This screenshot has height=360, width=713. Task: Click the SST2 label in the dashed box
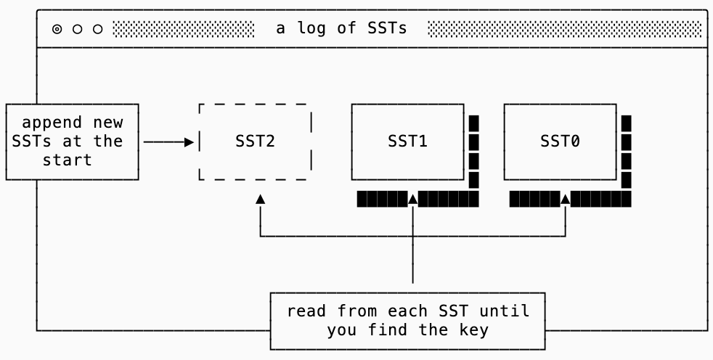(255, 142)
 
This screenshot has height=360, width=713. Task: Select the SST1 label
(407, 142)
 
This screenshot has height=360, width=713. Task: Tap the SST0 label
(560, 142)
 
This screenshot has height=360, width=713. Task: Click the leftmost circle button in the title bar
(57, 30)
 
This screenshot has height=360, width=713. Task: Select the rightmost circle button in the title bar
(98, 30)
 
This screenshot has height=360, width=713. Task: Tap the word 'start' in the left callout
(67, 160)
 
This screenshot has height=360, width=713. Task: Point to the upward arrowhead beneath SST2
(260, 199)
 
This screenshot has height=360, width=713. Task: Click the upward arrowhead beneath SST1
(412, 198)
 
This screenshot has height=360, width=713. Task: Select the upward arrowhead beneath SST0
(565, 198)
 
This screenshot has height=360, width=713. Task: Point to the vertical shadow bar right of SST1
(473, 152)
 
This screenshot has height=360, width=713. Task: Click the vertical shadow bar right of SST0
(626, 152)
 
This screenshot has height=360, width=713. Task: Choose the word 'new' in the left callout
(107, 123)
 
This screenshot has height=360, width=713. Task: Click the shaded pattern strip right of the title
(565, 29)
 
